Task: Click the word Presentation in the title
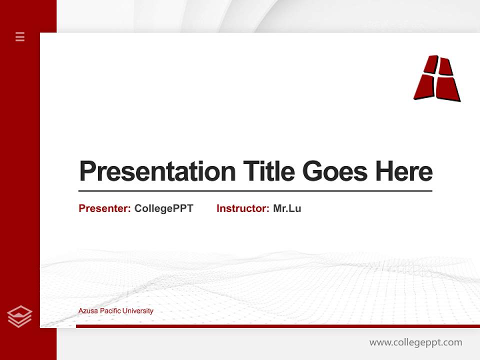pos(157,171)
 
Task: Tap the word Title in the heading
pos(269,171)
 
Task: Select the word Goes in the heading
pos(335,171)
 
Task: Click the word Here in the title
pos(403,171)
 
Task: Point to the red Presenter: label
pos(104,208)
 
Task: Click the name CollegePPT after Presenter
pos(163,208)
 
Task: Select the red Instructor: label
pos(242,208)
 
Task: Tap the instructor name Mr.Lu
pos(287,208)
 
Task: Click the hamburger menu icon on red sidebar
pos(20,36)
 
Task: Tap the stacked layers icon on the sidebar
pos(19,316)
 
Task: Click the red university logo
pos(437,78)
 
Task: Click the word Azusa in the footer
pos(88,311)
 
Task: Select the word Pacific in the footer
pos(110,311)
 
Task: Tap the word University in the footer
pos(138,311)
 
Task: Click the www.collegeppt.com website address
pos(415,342)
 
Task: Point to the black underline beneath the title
pos(255,190)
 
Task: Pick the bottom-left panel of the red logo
pos(424,87)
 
